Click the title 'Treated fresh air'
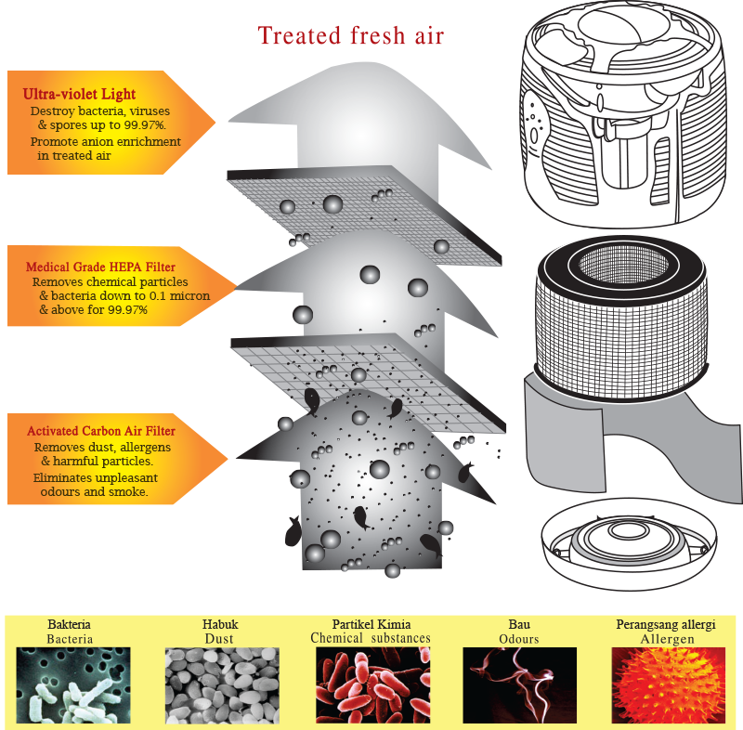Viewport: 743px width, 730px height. point(351,36)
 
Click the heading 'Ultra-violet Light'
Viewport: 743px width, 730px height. point(79,95)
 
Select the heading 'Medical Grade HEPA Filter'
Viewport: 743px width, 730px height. point(100,267)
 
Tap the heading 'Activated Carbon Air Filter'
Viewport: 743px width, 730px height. point(101,431)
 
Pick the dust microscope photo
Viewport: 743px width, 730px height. point(219,685)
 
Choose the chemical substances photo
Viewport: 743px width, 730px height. point(371,685)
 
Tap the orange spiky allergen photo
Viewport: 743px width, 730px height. point(667,685)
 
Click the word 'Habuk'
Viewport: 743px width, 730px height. point(219,625)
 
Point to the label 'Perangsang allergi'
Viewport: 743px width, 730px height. point(666,625)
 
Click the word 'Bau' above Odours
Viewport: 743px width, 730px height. point(519,625)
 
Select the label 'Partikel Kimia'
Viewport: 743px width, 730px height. point(371,625)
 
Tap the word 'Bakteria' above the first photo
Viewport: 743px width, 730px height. point(70,625)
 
